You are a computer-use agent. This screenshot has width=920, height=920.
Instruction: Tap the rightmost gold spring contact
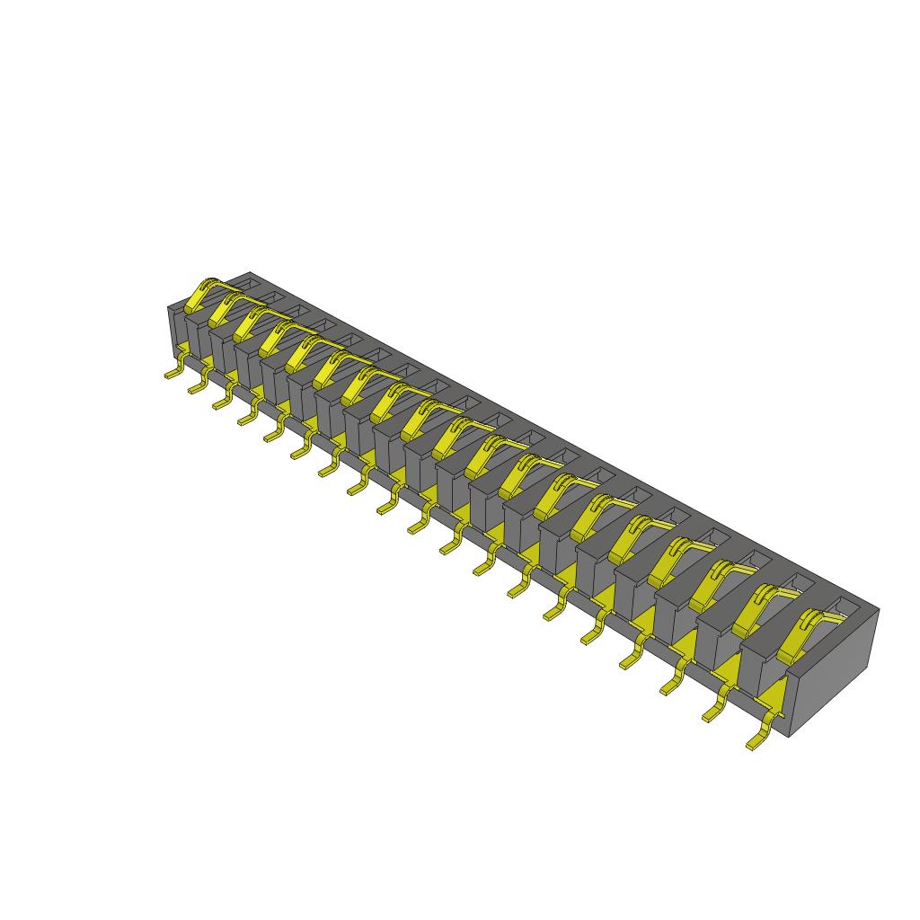pyautogui.click(x=799, y=634)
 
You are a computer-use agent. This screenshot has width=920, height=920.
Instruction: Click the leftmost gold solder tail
pyautogui.click(x=173, y=371)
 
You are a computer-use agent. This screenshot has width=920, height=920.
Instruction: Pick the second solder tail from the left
pyautogui.click(x=197, y=385)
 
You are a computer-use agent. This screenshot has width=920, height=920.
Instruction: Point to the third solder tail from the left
pyautogui.click(x=222, y=401)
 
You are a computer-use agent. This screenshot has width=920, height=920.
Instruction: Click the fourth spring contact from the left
pyautogui.click(x=273, y=336)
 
